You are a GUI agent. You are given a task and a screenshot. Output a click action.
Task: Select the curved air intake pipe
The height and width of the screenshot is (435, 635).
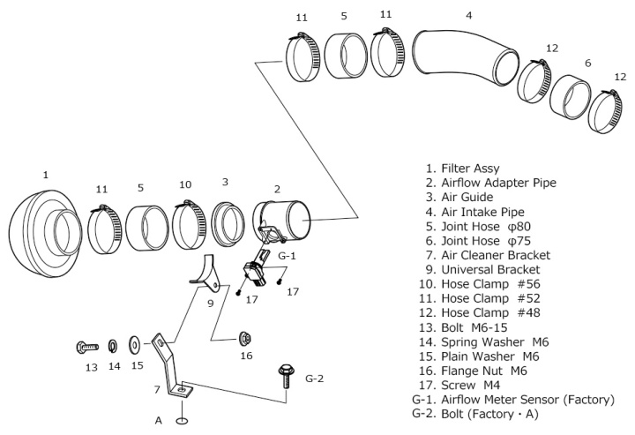click(464, 61)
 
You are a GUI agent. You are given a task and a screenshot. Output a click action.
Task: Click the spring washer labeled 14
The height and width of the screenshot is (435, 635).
click(113, 344)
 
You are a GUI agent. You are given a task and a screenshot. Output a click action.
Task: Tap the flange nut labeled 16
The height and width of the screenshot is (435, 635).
click(245, 338)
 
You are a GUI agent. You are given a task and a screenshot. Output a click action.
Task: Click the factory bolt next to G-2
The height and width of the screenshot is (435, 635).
click(285, 375)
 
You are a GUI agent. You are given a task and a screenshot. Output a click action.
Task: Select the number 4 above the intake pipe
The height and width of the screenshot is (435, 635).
click(468, 15)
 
